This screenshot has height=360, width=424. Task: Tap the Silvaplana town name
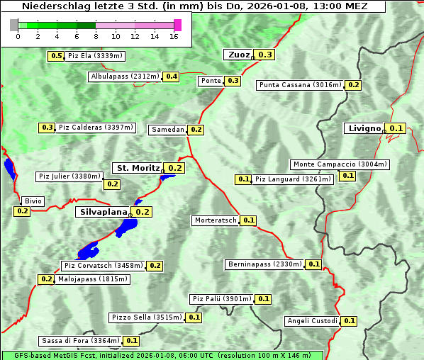(x=103, y=212)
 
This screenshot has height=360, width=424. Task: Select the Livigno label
(x=364, y=128)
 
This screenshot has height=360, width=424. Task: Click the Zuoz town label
(x=238, y=55)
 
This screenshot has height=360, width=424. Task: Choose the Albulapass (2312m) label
(x=124, y=77)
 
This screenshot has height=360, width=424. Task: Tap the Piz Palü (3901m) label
(x=221, y=299)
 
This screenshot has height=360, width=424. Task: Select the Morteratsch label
(x=216, y=220)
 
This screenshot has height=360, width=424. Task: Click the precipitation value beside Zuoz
(x=265, y=55)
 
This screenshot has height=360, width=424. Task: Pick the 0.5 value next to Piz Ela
(x=56, y=56)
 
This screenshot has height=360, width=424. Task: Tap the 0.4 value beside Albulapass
(x=172, y=76)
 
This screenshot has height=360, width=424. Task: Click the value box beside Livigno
(x=396, y=128)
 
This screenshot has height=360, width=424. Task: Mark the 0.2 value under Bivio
(x=22, y=211)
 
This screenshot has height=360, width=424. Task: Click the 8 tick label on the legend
(x=95, y=37)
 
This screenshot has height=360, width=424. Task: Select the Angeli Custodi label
(x=312, y=321)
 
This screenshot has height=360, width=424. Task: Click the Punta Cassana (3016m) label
(x=300, y=85)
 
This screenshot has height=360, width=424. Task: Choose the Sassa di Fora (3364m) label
(x=80, y=341)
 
